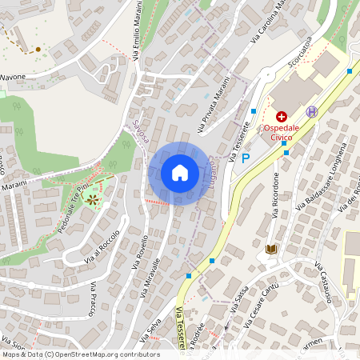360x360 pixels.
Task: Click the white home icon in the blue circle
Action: click(x=180, y=173)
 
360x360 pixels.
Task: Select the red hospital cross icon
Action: click(x=281, y=117)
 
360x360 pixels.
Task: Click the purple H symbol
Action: click(x=311, y=112)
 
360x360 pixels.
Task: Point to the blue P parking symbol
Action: click(x=246, y=158)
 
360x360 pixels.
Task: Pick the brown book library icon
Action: click(x=271, y=250)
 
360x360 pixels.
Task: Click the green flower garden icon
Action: click(x=94, y=198)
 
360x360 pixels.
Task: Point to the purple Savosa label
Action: click(x=143, y=127)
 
